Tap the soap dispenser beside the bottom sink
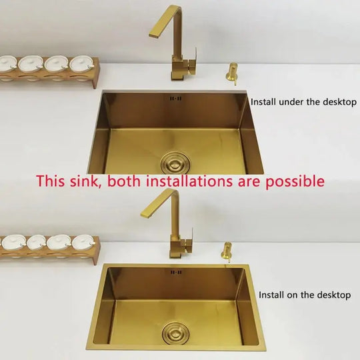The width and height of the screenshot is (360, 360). pyautogui.click(x=228, y=254)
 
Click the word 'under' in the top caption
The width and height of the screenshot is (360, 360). pyautogui.click(x=289, y=102)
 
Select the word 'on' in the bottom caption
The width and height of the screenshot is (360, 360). pyautogui.click(x=291, y=295)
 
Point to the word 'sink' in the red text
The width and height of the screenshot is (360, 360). pyautogui.click(x=85, y=181)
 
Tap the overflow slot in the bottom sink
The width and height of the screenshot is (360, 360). pyautogui.click(x=177, y=273)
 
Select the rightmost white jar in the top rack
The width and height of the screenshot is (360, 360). pyautogui.click(x=81, y=65)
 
